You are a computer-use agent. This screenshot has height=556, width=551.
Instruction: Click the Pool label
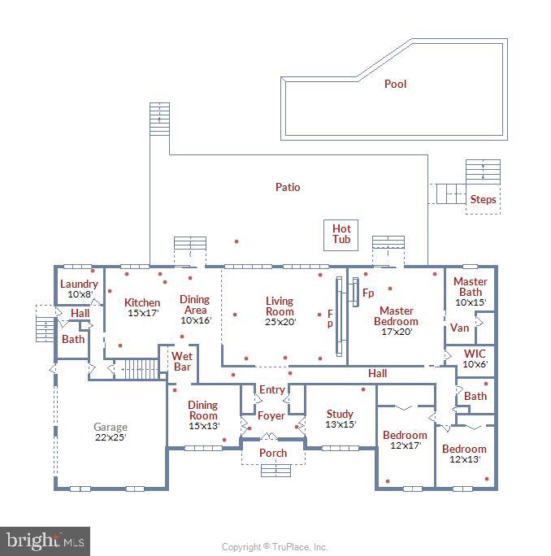(395, 84)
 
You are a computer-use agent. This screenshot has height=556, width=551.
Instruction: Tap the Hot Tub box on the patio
(341, 234)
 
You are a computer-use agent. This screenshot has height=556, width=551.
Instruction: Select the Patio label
(287, 187)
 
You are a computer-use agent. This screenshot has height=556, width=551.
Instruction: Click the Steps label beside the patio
(483, 199)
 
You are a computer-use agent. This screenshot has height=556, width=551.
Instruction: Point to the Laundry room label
(79, 284)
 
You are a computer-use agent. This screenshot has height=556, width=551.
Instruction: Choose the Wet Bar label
(182, 361)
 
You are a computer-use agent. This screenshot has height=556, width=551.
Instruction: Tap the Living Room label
(280, 306)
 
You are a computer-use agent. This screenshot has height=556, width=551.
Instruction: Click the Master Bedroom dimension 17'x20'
(397, 332)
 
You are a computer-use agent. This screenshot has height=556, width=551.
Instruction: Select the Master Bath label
(470, 287)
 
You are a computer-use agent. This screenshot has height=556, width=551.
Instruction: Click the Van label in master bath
(459, 328)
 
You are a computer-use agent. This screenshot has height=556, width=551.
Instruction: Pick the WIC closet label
(474, 354)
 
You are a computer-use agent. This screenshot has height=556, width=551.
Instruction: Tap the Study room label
(340, 414)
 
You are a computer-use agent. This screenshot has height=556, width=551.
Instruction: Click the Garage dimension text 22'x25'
(111, 437)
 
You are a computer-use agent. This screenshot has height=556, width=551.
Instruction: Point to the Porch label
(273, 453)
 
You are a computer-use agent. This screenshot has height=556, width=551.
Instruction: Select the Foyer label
(271, 415)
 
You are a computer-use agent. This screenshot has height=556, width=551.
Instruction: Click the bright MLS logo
(45, 540)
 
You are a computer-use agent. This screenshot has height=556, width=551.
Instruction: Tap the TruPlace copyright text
(275, 547)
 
